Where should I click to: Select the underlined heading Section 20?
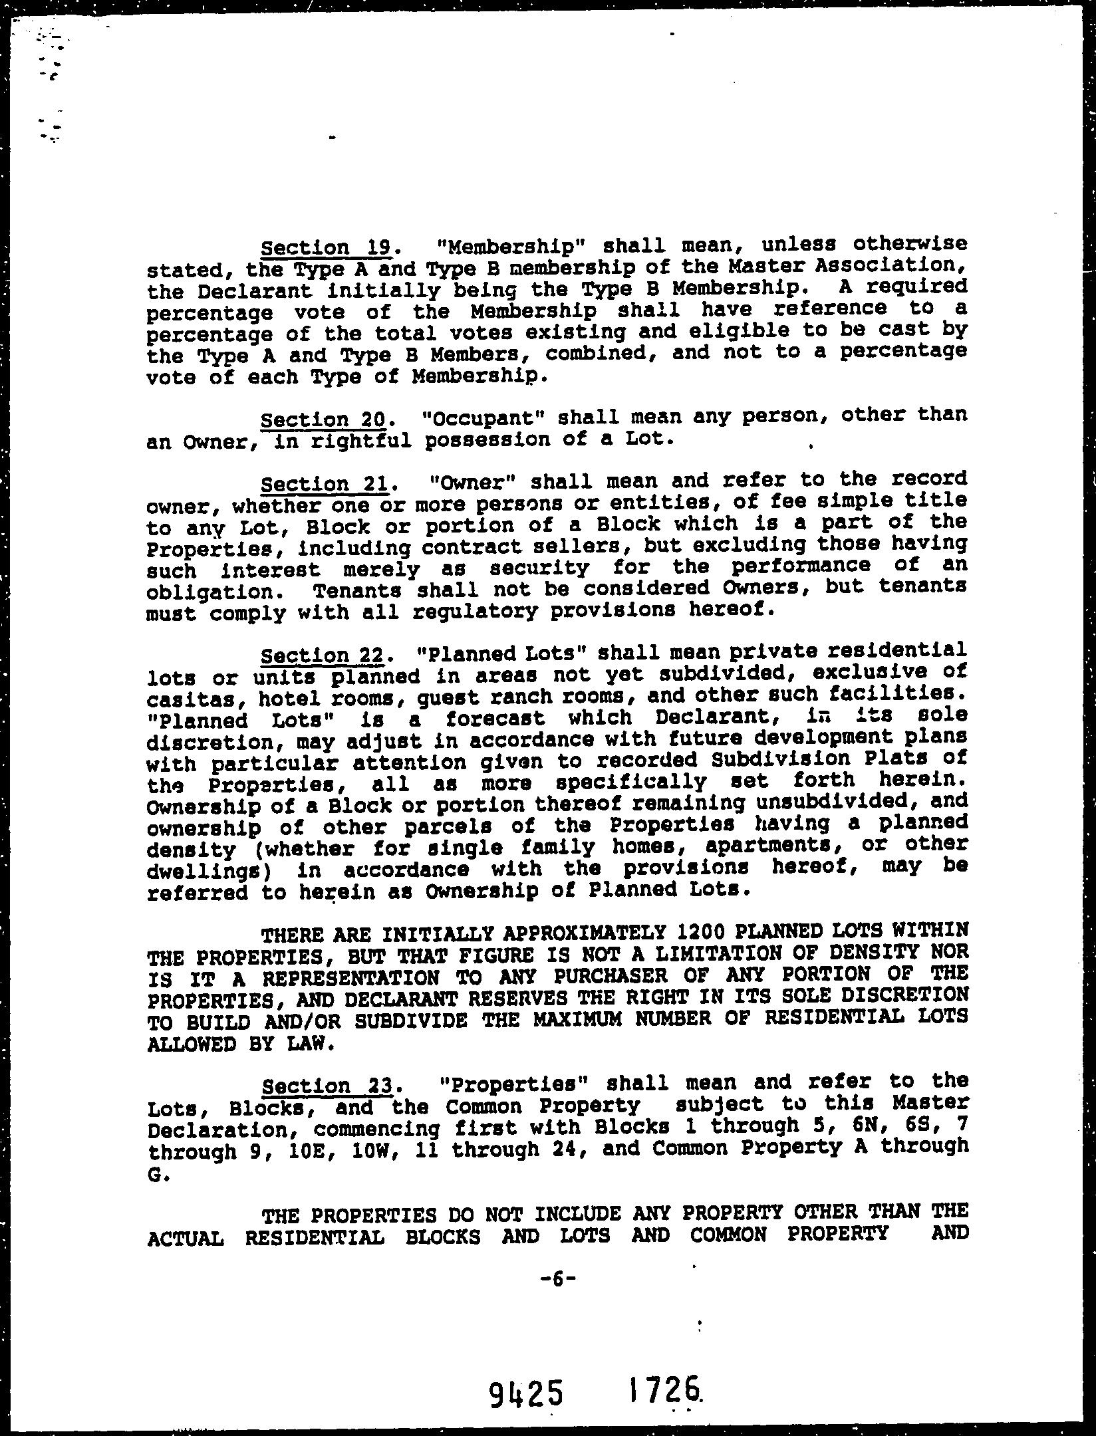tap(324, 420)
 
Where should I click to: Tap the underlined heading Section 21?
tap(325, 483)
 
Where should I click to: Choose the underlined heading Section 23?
tap(329, 1086)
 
